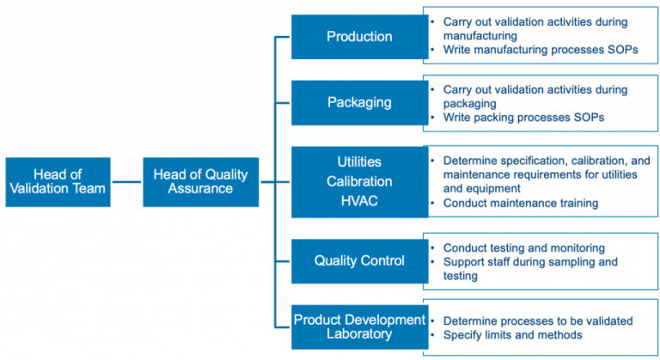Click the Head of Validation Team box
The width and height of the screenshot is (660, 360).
tap(58, 181)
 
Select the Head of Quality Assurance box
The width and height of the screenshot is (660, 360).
tap(200, 181)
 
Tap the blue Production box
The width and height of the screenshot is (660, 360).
tap(359, 36)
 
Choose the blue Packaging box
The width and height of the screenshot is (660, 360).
tap(359, 102)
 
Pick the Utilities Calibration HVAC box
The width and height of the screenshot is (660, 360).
tap(359, 181)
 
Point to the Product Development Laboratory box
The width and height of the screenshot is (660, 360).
tap(359, 326)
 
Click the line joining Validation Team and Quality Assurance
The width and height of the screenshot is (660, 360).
tap(126, 181)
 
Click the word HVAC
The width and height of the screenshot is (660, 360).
tap(359, 202)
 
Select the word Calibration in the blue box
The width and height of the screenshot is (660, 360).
tap(359, 181)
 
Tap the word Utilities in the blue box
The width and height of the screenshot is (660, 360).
tap(359, 162)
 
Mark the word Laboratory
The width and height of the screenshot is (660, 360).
tap(359, 334)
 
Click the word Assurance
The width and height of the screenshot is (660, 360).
tap(200, 189)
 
